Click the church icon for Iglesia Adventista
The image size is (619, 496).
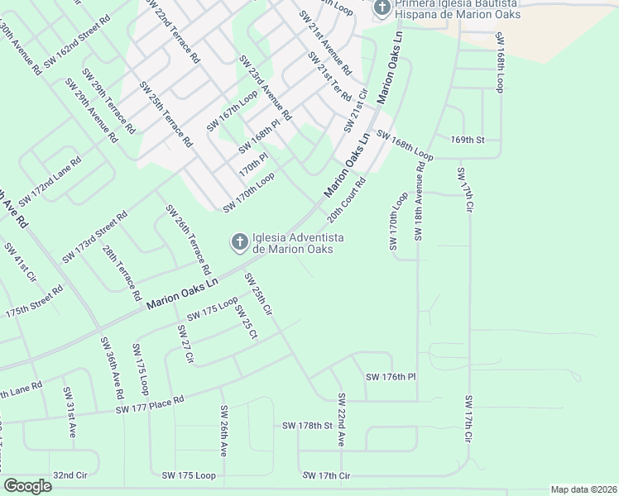coord(238,242)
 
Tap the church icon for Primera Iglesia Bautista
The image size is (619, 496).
coord(381,8)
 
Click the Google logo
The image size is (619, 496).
coord(28,485)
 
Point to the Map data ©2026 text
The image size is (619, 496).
coord(583,489)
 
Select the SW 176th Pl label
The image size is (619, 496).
coord(390,377)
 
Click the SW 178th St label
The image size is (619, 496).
coord(306,426)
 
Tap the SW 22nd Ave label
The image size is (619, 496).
coord(340,421)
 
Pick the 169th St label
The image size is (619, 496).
coord(467,140)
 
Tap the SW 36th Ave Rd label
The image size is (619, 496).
coord(113,364)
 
